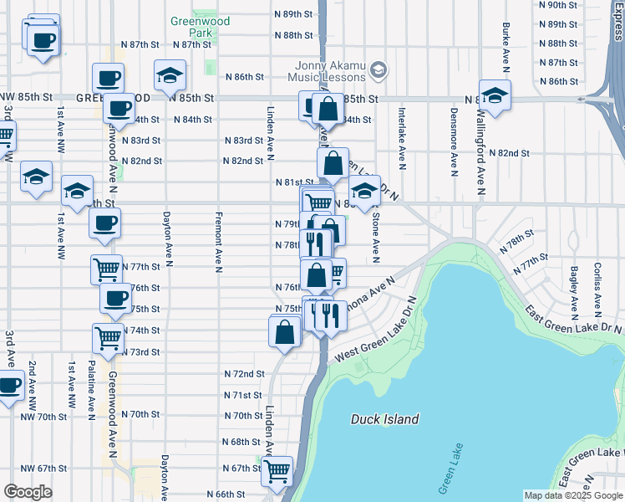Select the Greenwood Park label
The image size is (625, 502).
coord(195,26)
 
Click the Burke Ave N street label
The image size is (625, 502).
coord(506,46)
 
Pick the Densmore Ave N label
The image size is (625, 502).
coord(455,142)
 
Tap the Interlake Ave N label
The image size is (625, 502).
coord(402,138)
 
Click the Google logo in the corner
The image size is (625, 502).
coord(28,492)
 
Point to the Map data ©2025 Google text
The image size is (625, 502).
coord(572,495)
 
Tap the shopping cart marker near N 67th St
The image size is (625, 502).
coord(277,471)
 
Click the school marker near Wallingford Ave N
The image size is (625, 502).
coord(495,97)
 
